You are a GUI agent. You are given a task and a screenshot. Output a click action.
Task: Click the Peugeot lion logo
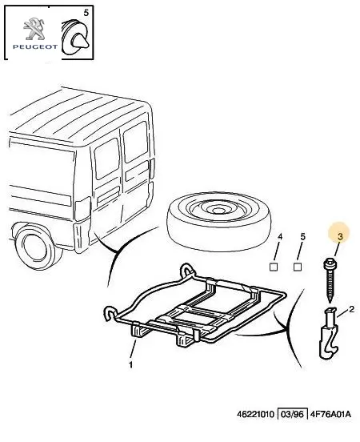coord(34,29)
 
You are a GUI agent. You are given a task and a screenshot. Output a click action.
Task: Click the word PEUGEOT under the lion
coord(35,46)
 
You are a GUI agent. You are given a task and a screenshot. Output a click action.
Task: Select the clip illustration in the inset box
coord(74,37)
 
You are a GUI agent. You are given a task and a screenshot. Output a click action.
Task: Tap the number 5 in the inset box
coord(86,13)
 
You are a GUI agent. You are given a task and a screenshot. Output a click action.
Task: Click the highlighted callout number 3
coord(340,236)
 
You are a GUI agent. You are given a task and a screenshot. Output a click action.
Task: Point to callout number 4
coord(279,237)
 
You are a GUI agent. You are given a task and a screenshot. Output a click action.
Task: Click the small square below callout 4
coord(274,267)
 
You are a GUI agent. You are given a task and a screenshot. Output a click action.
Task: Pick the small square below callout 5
coord(298,267)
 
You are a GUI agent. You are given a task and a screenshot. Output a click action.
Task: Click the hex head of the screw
coord(329,264)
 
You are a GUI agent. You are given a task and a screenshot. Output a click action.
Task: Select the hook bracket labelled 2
coord(328,333)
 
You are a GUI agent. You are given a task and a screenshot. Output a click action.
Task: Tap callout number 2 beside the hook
coord(351,310)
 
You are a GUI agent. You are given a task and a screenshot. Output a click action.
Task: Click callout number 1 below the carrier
coord(130,365)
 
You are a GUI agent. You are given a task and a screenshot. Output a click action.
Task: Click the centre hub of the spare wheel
coord(216,211)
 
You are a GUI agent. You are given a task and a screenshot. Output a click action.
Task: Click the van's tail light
coord(82,209)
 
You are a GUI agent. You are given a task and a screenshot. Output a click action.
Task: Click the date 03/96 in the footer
coord(292,414)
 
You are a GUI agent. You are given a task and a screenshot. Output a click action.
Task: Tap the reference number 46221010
coord(256,414)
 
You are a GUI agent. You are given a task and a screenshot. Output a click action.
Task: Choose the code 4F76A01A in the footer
coord(330,414)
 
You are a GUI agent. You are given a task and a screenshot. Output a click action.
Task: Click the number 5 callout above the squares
coord(303,237)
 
